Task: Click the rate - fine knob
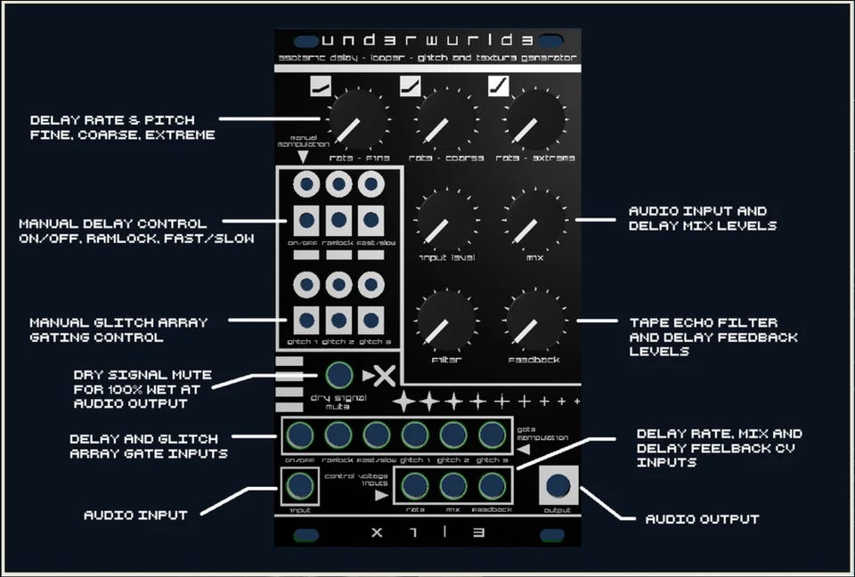[358, 120]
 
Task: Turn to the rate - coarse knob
[446, 120]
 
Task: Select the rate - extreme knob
[534, 120]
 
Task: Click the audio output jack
[558, 485]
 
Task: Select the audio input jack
[300, 486]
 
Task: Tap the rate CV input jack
[415, 486]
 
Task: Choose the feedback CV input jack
[492, 486]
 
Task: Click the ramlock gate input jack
[338, 435]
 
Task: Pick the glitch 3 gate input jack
[492, 435]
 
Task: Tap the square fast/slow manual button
[370, 220]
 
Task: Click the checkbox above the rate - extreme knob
[499, 86]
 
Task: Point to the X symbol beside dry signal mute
[384, 376]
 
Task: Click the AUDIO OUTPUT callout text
[702, 519]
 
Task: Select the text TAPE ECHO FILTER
[703, 322]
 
